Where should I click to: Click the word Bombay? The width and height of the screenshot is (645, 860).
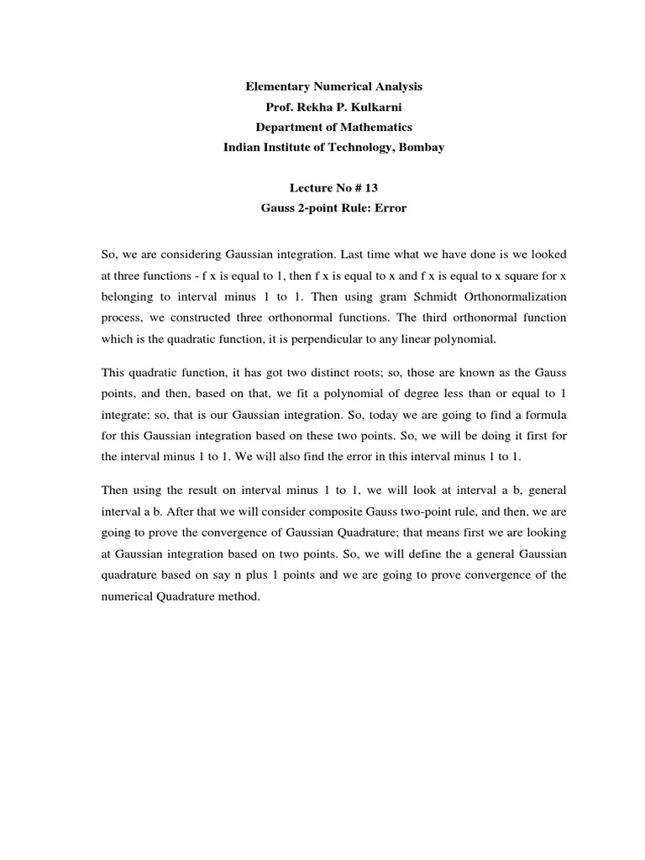[x=422, y=147]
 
